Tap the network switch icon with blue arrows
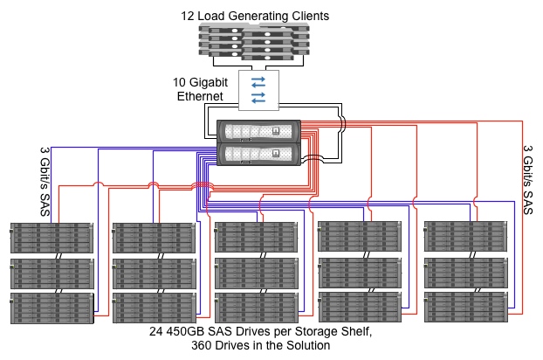pyautogui.click(x=258, y=89)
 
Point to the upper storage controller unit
pyautogui.click(x=258, y=132)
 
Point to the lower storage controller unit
pyautogui.click(x=258, y=155)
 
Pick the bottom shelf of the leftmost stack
pyautogui.click(x=52, y=308)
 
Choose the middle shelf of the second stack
pyautogui.click(x=154, y=273)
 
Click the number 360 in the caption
pyautogui.click(x=202, y=345)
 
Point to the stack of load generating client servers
pyautogui.click(x=258, y=43)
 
